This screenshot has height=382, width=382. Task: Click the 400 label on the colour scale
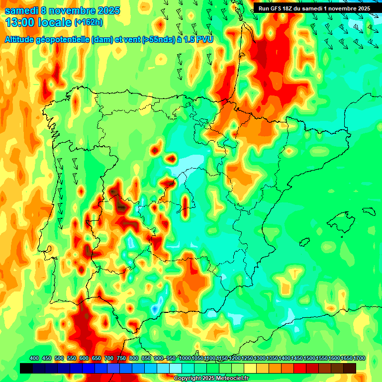[x=34, y=358]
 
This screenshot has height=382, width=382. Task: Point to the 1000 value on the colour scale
[x=185, y=358]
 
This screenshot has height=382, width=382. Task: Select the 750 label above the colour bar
[x=121, y=358]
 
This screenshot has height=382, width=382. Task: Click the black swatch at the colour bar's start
[x=27, y=368]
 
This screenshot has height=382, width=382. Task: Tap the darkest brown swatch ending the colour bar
[x=349, y=368]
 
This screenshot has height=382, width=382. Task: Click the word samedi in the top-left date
[x=21, y=10]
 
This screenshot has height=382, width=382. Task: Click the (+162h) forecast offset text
[x=89, y=22]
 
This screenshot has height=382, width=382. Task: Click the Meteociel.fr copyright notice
[x=211, y=379]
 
